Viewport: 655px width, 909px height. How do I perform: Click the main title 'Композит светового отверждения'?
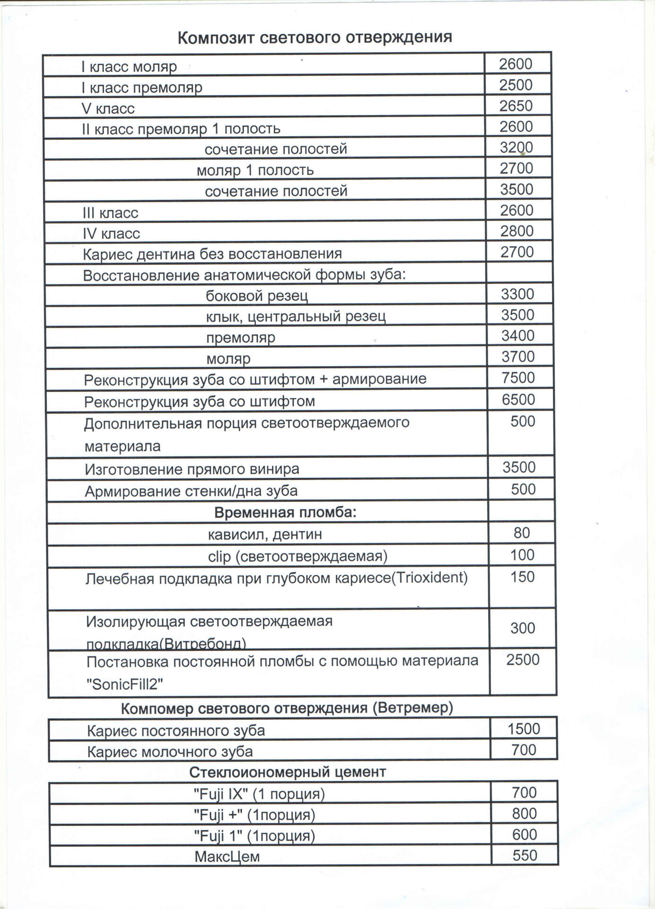[x=314, y=37]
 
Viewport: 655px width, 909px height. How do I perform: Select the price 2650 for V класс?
[x=516, y=106]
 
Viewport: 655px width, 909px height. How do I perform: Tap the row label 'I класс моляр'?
[x=129, y=67]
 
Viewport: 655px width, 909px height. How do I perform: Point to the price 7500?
[x=518, y=378]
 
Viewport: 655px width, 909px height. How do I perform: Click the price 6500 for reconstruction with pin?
[x=518, y=400]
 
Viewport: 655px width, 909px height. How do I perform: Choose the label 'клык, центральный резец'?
[x=296, y=316]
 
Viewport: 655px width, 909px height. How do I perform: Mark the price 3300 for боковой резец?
[x=517, y=294]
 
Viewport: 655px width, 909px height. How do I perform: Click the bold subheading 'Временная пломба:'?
[x=285, y=512]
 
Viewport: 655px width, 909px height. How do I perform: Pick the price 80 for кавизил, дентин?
[x=522, y=533]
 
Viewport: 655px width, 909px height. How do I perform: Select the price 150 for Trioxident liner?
[x=522, y=577]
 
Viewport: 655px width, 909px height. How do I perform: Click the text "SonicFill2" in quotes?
[x=125, y=684]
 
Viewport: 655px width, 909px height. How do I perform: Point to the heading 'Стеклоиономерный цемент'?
[x=288, y=772]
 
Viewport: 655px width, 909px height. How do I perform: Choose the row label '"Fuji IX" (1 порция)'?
[x=259, y=793]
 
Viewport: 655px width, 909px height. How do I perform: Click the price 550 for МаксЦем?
[x=524, y=856]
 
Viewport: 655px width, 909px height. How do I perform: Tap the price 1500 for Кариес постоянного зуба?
[x=524, y=729]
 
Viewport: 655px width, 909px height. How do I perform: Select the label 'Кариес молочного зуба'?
[x=170, y=751]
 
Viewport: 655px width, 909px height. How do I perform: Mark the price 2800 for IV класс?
[x=517, y=231]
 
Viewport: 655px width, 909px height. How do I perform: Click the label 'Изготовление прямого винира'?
[x=192, y=469]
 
